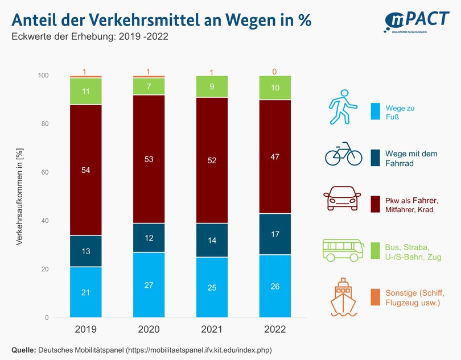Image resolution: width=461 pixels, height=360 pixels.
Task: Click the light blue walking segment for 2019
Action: (x=86, y=292)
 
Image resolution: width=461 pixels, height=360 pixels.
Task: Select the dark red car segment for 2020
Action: (x=149, y=159)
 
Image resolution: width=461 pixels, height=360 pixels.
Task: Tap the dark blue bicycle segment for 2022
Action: (x=275, y=234)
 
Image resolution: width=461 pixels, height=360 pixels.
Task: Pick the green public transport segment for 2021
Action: (x=212, y=87)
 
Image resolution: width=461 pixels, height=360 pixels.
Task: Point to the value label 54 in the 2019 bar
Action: (x=86, y=171)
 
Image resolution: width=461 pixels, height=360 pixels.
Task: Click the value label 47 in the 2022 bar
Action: (x=275, y=156)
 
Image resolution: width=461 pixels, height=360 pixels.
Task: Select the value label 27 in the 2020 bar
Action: (x=149, y=285)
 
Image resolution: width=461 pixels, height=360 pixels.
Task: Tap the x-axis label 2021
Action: (x=212, y=329)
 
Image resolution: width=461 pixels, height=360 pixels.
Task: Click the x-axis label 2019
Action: (x=86, y=329)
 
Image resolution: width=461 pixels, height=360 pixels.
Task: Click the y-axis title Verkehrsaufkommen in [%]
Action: (x=19, y=197)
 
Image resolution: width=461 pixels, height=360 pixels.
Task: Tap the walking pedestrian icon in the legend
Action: (x=343, y=106)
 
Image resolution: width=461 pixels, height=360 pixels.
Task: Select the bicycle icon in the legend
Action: (x=343, y=154)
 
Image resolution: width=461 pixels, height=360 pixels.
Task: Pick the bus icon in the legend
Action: (x=343, y=250)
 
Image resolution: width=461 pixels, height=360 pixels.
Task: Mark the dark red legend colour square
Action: (x=375, y=204)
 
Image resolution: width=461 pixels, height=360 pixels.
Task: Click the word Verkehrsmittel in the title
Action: (x=139, y=20)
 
